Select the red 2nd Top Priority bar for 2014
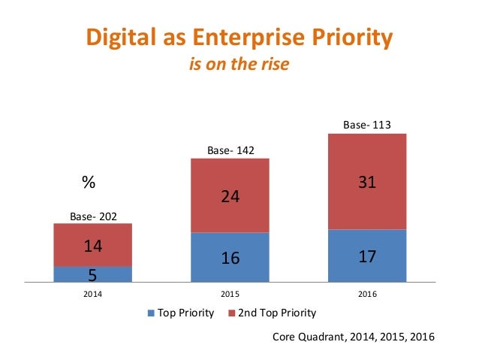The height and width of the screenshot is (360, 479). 92,245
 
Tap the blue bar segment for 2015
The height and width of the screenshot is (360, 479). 230,258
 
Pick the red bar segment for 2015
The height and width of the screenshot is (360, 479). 230,195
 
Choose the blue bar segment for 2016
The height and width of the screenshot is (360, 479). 367,256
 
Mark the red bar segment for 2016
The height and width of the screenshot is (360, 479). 367,181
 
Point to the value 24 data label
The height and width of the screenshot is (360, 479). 230,196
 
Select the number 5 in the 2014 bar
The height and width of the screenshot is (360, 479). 93,275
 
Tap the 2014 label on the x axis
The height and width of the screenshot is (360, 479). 93,293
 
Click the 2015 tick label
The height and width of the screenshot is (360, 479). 230,293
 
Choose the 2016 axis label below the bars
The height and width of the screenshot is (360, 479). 367,293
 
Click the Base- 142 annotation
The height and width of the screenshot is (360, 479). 230,151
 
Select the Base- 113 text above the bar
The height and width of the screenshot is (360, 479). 367,126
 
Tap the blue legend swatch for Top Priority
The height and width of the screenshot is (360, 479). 152,313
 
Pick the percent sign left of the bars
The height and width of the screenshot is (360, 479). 89,183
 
